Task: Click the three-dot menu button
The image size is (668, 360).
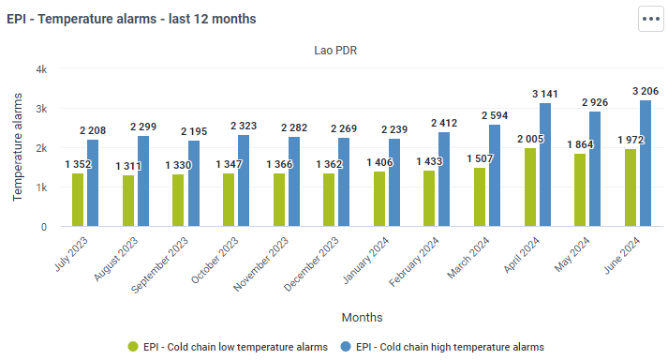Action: click(x=650, y=19)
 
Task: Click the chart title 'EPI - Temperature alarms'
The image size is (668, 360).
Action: click(x=82, y=19)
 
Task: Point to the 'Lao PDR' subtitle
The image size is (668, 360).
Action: click(x=335, y=51)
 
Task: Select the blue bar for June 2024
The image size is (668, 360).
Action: click(x=646, y=163)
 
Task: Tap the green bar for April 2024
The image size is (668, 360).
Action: click(x=530, y=187)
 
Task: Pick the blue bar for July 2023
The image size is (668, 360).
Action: click(x=93, y=183)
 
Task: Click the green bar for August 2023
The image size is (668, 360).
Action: click(x=128, y=201)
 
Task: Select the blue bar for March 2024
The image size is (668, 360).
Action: click(x=495, y=175)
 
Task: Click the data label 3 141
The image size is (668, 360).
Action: click(x=545, y=94)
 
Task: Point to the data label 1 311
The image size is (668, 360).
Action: click(x=128, y=166)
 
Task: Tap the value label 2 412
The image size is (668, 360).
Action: click(x=444, y=123)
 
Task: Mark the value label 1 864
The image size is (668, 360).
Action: click(x=580, y=144)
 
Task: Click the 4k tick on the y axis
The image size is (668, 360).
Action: click(x=41, y=69)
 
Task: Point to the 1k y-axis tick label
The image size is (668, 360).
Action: click(x=41, y=187)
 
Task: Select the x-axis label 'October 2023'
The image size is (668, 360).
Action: click(x=215, y=261)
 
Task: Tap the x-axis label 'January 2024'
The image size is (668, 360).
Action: click(x=365, y=261)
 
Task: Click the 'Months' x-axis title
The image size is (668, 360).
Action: click(x=363, y=318)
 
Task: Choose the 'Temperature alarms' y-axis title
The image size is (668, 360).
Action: click(x=17, y=147)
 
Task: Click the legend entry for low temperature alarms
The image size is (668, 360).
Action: click(x=228, y=347)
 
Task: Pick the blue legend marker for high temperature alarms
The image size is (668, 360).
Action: click(x=346, y=347)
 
